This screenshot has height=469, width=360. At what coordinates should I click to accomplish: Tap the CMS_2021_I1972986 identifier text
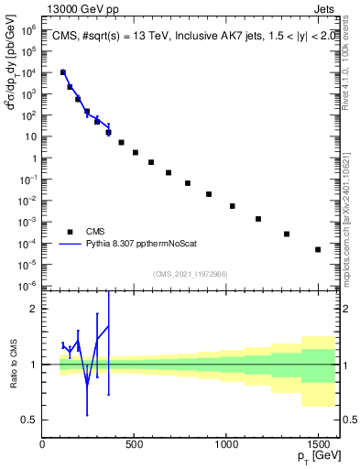click(x=190, y=273)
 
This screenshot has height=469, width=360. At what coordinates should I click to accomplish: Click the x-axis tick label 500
click(x=135, y=444)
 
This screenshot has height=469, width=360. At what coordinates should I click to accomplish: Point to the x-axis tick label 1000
click(x=226, y=444)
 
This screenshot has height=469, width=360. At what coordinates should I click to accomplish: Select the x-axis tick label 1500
click(x=318, y=444)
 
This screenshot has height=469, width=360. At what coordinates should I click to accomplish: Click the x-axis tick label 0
click(x=43, y=444)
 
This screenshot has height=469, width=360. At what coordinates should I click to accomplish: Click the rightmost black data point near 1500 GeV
click(x=318, y=249)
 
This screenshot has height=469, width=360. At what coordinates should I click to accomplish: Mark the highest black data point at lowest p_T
click(x=62, y=72)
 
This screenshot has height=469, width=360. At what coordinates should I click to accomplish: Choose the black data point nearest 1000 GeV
click(x=233, y=206)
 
